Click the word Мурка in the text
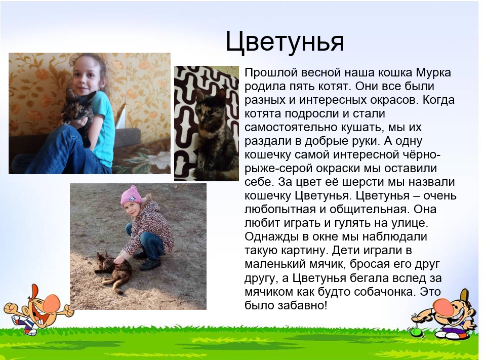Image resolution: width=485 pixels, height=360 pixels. [433, 73]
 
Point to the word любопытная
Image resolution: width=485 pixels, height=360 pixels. [278, 210]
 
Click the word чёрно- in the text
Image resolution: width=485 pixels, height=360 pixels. [422, 154]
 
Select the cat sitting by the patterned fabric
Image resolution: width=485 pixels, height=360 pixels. [216, 133]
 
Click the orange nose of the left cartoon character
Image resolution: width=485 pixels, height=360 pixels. [54, 302]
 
